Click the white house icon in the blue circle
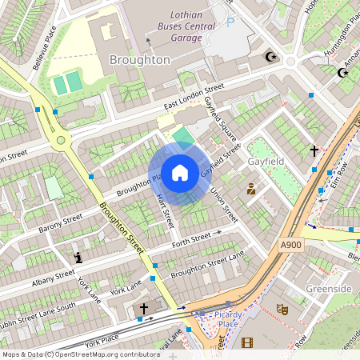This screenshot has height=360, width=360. [180, 173]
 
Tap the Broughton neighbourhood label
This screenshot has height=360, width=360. [140, 60]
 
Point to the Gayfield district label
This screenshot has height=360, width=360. [267, 161]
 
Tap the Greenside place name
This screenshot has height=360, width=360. [330, 288]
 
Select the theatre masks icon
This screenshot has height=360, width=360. [282, 308]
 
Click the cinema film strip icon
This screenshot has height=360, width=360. [246, 342]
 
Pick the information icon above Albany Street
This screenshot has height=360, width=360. [78, 257]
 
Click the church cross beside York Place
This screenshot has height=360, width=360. [144, 308]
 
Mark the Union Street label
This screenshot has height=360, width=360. [224, 205]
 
